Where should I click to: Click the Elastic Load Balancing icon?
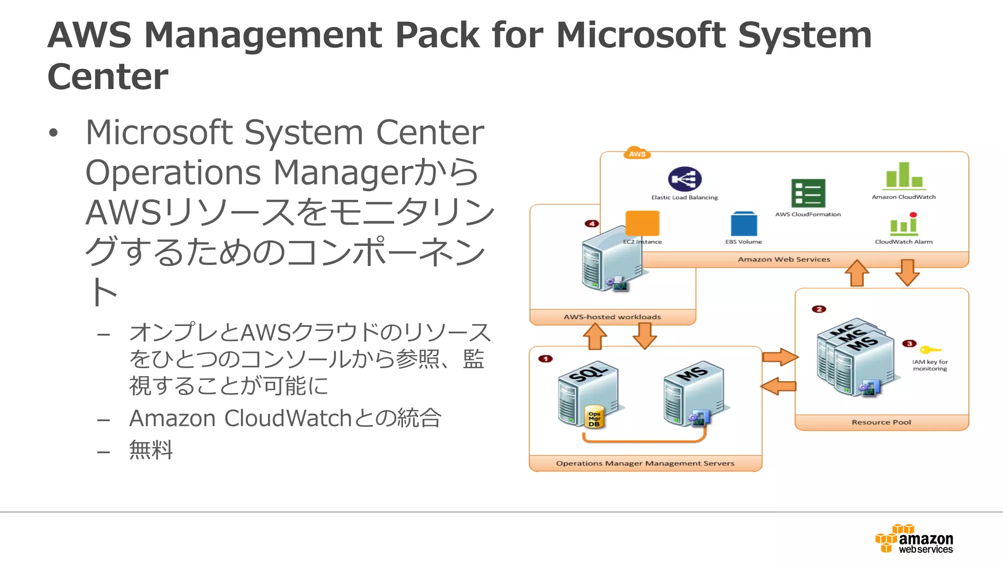coord(684,179)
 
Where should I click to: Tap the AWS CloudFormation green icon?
coord(808,193)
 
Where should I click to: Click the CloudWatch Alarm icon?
coord(904,224)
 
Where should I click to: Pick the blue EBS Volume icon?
coord(743,224)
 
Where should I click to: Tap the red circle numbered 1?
coord(545,359)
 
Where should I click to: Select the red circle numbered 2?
coord(819,309)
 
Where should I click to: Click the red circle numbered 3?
coord(909,344)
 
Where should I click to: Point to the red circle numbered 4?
coord(592,224)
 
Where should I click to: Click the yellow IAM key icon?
coord(930,350)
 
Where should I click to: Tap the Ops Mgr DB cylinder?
coord(595,417)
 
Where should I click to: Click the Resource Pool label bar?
coord(881,422)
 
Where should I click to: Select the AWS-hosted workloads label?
coord(612,317)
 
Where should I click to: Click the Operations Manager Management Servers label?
coord(645,463)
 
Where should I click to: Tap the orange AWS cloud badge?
coord(637,153)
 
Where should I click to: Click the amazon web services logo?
coord(914,539)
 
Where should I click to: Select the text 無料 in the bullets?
coord(151,449)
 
